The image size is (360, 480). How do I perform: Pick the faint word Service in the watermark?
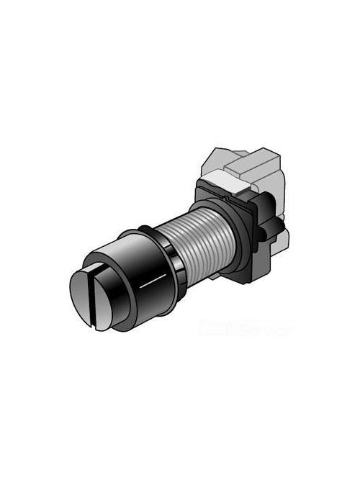(270, 332)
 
